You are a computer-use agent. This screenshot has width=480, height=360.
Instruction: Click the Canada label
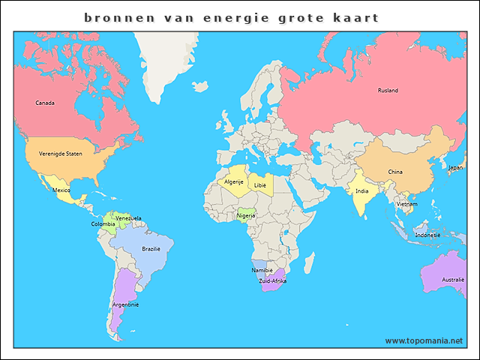pos(45,103)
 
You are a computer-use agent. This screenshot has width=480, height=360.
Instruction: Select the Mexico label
pos(61,190)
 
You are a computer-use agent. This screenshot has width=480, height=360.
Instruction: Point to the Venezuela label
pos(129,218)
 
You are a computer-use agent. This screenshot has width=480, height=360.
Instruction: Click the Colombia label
pos(103,224)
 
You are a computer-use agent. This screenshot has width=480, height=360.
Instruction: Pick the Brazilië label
pos(151,248)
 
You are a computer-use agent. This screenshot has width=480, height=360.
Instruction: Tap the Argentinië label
pos(125,304)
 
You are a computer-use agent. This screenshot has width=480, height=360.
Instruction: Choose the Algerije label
pos(234,181)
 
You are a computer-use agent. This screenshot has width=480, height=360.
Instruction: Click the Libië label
pos(260,184)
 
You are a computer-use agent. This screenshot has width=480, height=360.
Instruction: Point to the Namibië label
pos(262,270)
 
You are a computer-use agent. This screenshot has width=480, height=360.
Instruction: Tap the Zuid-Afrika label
pos(273,280)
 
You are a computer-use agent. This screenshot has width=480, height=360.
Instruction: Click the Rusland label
pos(388,91)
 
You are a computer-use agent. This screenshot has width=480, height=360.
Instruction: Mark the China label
pos(395,172)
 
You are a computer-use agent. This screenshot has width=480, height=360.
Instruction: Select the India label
pos(361,190)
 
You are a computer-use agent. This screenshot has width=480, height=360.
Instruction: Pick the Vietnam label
pos(407,204)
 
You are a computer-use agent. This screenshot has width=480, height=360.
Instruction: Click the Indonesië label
pos(428,235)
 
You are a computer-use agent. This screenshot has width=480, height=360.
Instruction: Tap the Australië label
pos(453,280)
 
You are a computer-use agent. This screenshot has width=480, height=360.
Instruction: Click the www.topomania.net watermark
pos(424,340)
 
